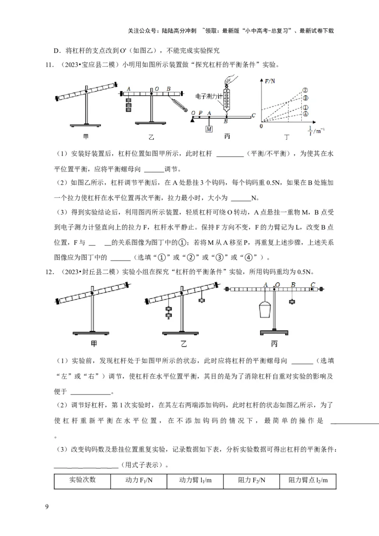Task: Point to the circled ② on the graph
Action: [x=306, y=90]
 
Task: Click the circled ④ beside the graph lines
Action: [x=306, y=114]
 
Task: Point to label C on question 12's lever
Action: [x=312, y=285]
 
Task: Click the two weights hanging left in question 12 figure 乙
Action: [x=168, y=312]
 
